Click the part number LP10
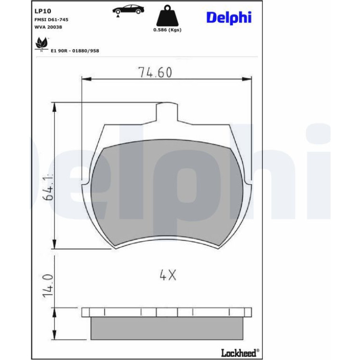pos(43,11)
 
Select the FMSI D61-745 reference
pos(51,20)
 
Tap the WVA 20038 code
pos(48,27)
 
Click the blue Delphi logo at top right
pos(229,18)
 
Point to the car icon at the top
pos(128,10)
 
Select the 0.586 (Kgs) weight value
pos(167,30)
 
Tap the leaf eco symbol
pos(42,44)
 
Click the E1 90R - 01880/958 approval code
pos(75,51)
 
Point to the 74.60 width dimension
pos(155,72)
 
